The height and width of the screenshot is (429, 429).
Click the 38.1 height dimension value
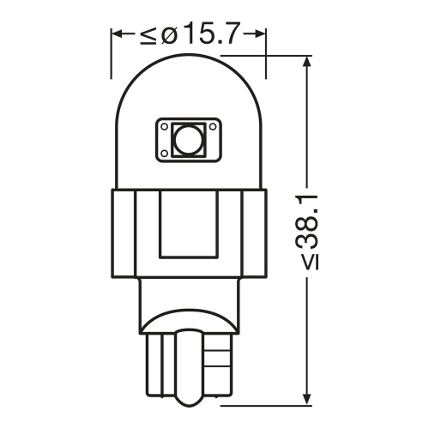[307, 221]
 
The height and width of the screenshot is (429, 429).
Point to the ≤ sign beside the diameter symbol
[148, 36]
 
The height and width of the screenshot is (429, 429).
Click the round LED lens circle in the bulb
[188, 140]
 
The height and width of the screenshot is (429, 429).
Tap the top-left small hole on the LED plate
[165, 126]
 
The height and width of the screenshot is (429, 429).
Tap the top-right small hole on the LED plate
[213, 126]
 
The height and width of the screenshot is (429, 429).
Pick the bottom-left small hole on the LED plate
[165, 154]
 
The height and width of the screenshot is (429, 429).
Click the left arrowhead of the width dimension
[118, 33]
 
